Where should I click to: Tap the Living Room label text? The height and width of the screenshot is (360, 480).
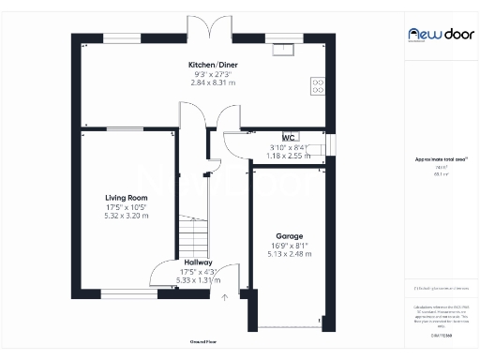[127, 198]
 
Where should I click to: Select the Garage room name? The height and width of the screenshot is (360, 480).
[288, 235]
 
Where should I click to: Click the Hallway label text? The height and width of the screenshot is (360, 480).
[198, 262]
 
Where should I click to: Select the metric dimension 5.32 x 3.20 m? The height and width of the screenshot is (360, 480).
[127, 216]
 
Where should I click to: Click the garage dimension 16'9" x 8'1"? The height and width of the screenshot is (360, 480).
[288, 245]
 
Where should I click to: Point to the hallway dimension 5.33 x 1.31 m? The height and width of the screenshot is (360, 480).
[198, 280]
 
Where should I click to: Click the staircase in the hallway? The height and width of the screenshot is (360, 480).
[192, 231]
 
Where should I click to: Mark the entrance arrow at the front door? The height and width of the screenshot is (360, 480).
[224, 298]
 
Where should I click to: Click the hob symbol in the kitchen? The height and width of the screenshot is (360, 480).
[318, 86]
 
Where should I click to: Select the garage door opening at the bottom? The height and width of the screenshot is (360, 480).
[288, 328]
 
